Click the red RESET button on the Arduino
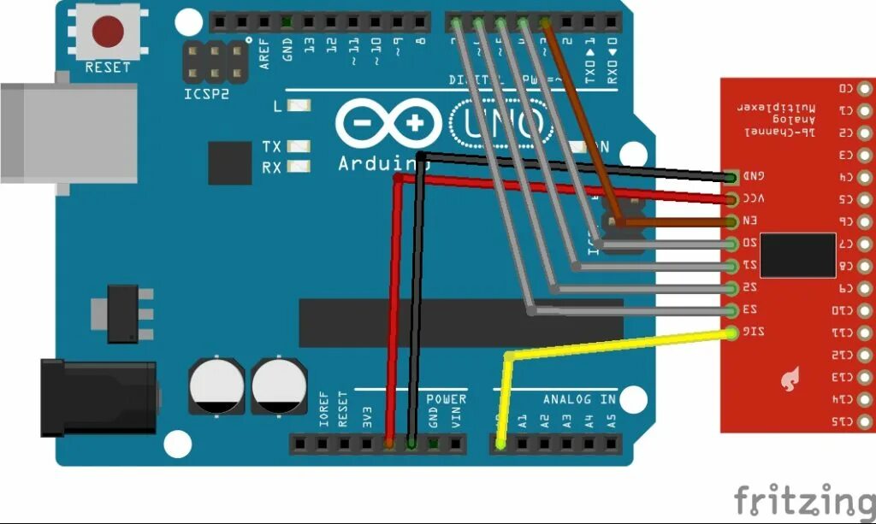(x=108, y=32)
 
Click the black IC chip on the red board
(x=797, y=255)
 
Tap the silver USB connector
(x=68, y=133)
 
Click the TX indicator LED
(x=299, y=147)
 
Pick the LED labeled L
(x=299, y=107)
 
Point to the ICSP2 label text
(x=207, y=93)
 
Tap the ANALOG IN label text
(x=579, y=399)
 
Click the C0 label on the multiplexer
(x=845, y=88)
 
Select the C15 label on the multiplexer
(x=845, y=421)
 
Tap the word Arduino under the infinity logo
(x=371, y=162)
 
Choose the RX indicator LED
(x=299, y=167)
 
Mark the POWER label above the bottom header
(x=446, y=399)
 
